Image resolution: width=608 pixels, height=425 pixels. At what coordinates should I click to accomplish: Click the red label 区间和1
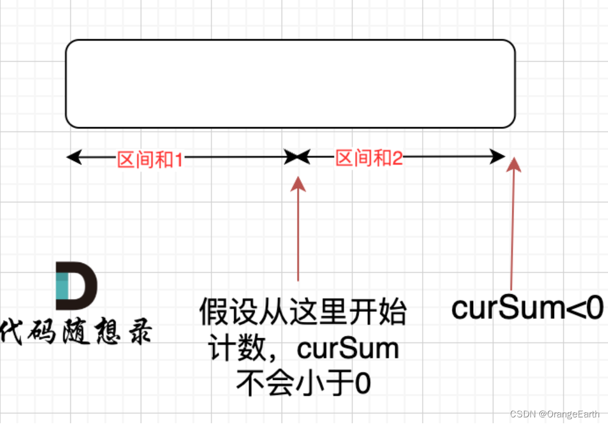coord(150,159)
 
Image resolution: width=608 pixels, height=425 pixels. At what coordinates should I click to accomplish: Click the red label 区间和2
coord(369,158)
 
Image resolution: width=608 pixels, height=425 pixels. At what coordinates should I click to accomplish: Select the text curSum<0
coord(527,308)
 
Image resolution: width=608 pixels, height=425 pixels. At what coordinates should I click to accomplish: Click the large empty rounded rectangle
coord(290,84)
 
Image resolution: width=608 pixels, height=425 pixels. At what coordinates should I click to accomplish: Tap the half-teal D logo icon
coord(76,286)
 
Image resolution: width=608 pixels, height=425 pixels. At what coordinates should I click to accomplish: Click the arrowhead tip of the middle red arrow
coord(298,179)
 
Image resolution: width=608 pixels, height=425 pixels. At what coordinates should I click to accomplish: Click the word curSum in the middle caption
coord(348,349)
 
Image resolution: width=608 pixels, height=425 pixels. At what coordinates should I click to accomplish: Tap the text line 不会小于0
coord(303,385)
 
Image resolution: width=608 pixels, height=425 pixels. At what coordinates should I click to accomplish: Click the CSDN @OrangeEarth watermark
coord(555,414)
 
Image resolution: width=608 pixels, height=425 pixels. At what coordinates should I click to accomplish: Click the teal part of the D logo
coord(62,286)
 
